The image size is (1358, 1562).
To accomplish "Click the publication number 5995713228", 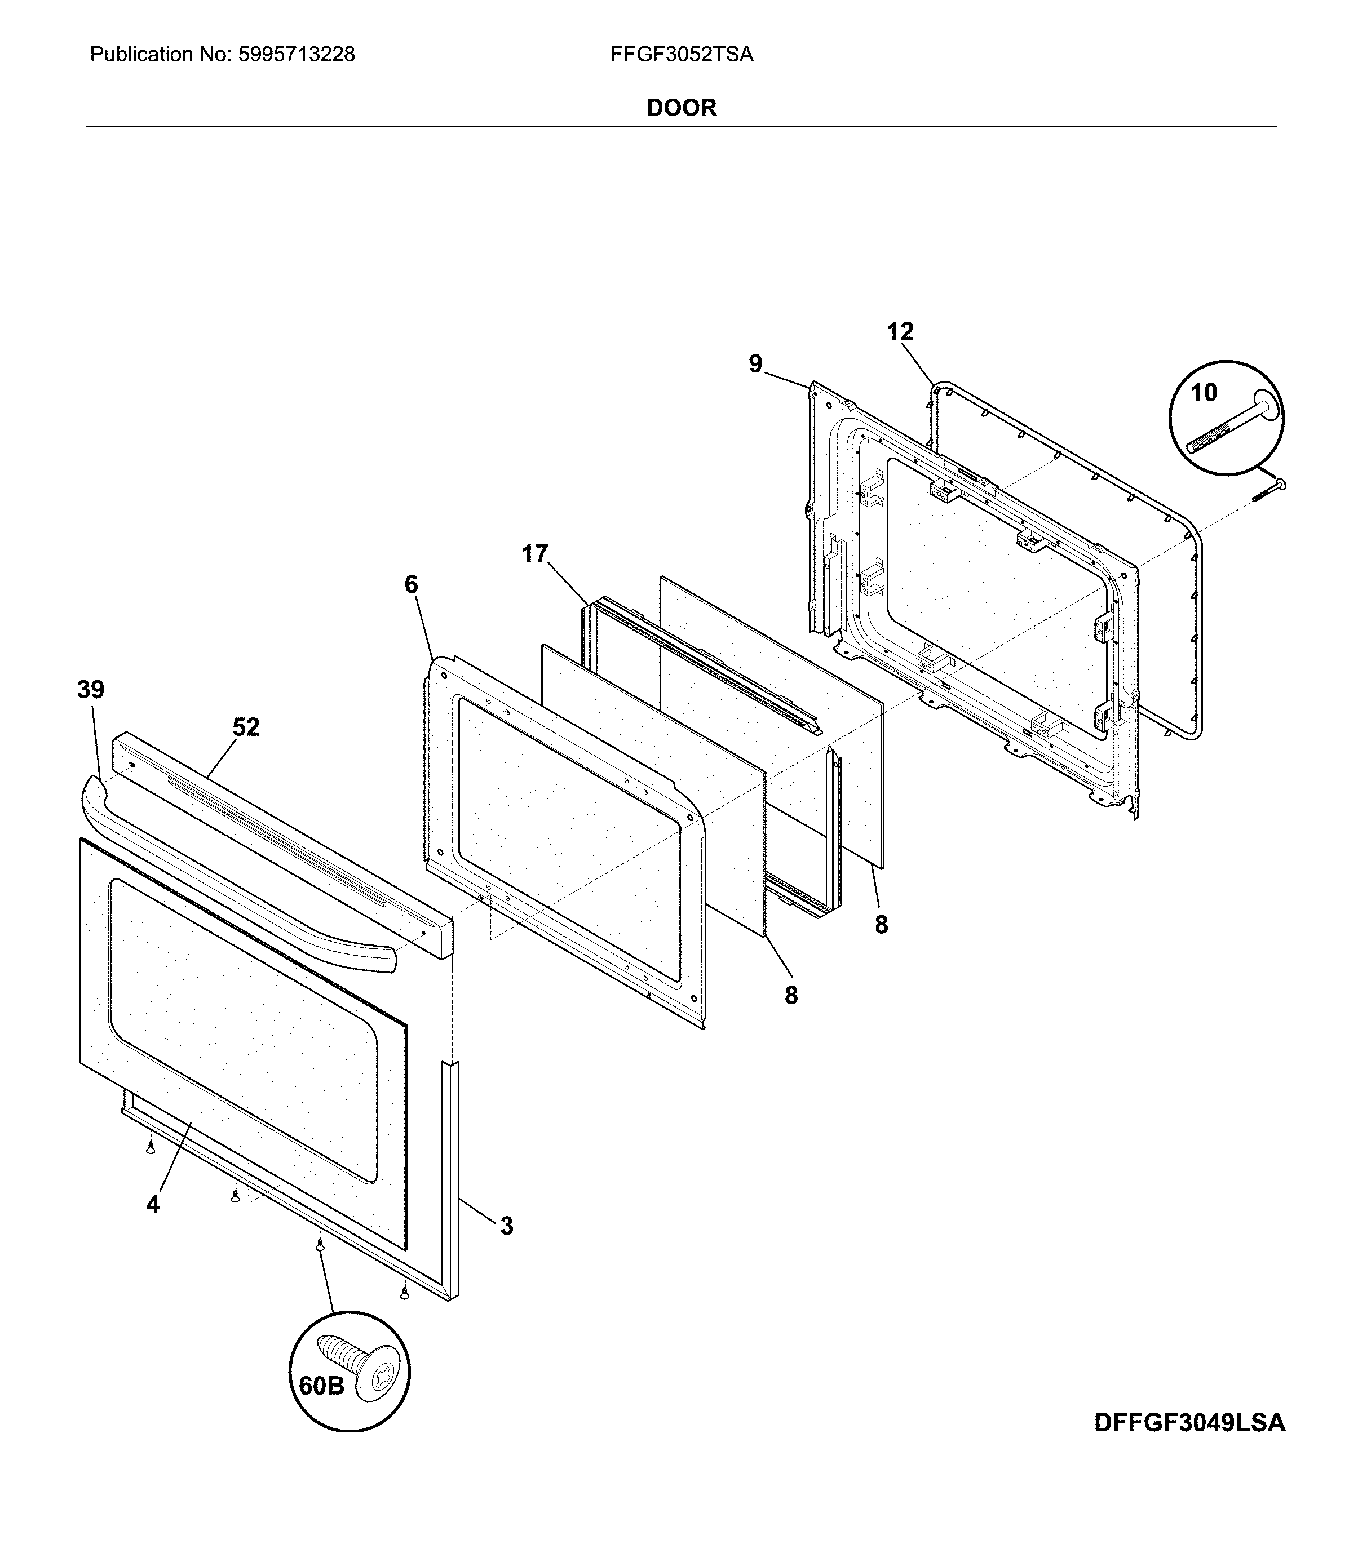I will tap(297, 55).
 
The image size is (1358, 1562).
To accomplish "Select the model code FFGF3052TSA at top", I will tap(682, 55).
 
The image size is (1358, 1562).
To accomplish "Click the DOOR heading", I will tap(682, 108).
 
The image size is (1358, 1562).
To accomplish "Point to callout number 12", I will tap(900, 332).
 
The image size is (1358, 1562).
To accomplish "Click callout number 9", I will tap(755, 365).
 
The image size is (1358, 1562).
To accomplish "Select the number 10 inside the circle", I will tap(1204, 392).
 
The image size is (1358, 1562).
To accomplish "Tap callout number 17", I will tap(534, 554).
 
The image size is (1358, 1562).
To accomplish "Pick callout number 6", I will tap(411, 585).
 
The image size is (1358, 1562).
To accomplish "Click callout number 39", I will tap(90, 690).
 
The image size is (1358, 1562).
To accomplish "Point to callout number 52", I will tap(246, 727).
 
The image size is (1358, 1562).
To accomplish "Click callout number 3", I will tap(507, 1226).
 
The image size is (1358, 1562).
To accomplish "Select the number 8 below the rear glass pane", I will tap(881, 925).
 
